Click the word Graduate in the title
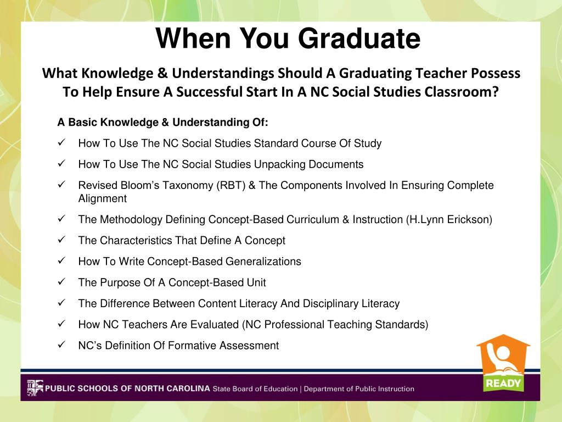(359, 39)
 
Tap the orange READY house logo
(503, 363)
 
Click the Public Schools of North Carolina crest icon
(34, 388)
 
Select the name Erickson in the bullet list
(468, 220)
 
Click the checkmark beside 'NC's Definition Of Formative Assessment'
(61, 345)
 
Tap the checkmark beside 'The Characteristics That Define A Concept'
(61, 240)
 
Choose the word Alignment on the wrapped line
(102, 199)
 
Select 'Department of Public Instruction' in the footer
(359, 389)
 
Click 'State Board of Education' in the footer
(255, 389)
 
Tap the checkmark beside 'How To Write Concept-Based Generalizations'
(61, 261)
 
